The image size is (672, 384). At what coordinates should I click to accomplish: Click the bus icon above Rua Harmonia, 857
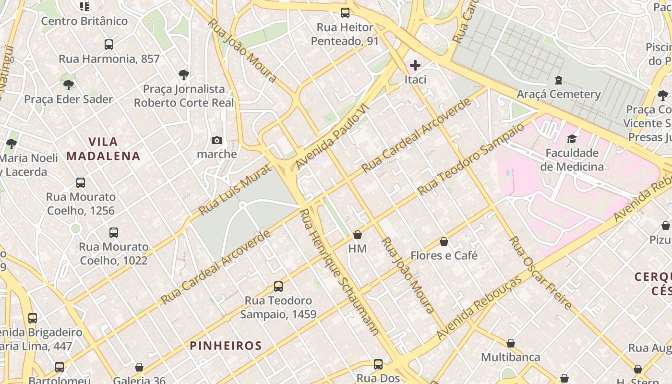click(x=109, y=45)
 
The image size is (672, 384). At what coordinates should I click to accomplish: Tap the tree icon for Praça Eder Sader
click(x=69, y=85)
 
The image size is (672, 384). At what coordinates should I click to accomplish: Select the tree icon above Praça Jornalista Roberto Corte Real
click(x=183, y=74)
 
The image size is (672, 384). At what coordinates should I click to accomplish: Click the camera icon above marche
click(x=217, y=140)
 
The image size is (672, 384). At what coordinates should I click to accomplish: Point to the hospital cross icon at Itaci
click(x=415, y=65)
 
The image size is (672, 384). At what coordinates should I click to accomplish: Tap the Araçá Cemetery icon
click(x=558, y=80)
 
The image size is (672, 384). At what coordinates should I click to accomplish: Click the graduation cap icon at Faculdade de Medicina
click(x=571, y=139)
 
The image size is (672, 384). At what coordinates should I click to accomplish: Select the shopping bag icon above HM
click(x=357, y=235)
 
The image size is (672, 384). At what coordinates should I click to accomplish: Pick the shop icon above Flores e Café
click(x=444, y=241)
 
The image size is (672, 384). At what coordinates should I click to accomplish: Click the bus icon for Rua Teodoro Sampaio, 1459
click(x=278, y=287)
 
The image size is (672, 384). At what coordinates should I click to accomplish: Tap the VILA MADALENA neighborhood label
click(x=103, y=149)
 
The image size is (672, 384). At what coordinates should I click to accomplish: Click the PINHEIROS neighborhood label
click(x=226, y=346)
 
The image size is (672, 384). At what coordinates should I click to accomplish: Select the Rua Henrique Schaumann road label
click(x=339, y=272)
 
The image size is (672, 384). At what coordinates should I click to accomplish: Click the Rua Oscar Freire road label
click(x=540, y=272)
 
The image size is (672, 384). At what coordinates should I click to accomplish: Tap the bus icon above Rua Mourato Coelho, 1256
click(x=81, y=183)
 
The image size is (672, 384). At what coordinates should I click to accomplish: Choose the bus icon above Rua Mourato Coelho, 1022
click(x=114, y=233)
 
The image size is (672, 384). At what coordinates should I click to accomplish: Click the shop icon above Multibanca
click(x=511, y=343)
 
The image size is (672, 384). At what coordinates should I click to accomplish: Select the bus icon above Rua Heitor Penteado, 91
click(x=345, y=13)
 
